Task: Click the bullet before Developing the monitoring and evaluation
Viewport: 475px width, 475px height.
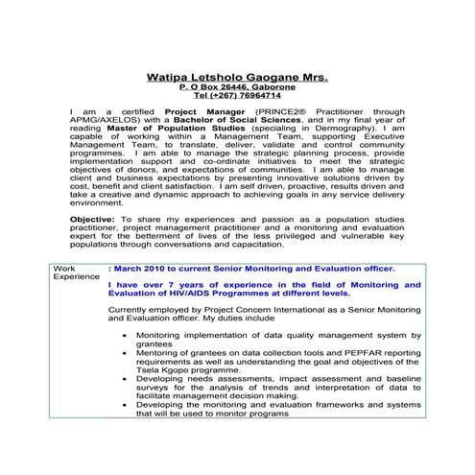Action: click(126, 404)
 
